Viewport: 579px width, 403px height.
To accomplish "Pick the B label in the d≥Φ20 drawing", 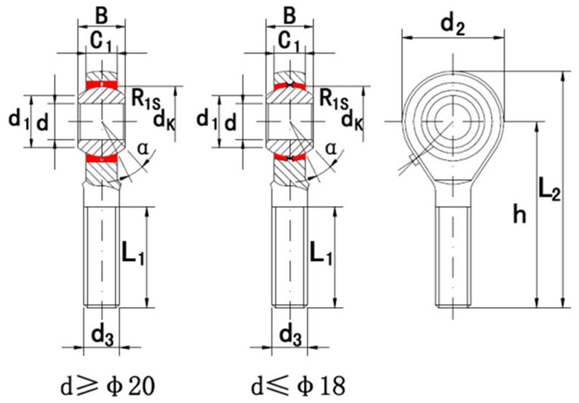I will click(x=101, y=14).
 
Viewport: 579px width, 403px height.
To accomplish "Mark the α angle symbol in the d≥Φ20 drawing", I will click(x=143, y=149).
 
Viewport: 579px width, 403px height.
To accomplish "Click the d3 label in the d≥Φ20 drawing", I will click(x=102, y=336).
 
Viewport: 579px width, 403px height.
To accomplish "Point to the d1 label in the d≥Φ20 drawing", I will click(x=17, y=119).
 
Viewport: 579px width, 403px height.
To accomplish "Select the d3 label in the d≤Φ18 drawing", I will click(x=289, y=336).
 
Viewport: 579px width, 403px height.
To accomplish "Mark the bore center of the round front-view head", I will click(x=452, y=119).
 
